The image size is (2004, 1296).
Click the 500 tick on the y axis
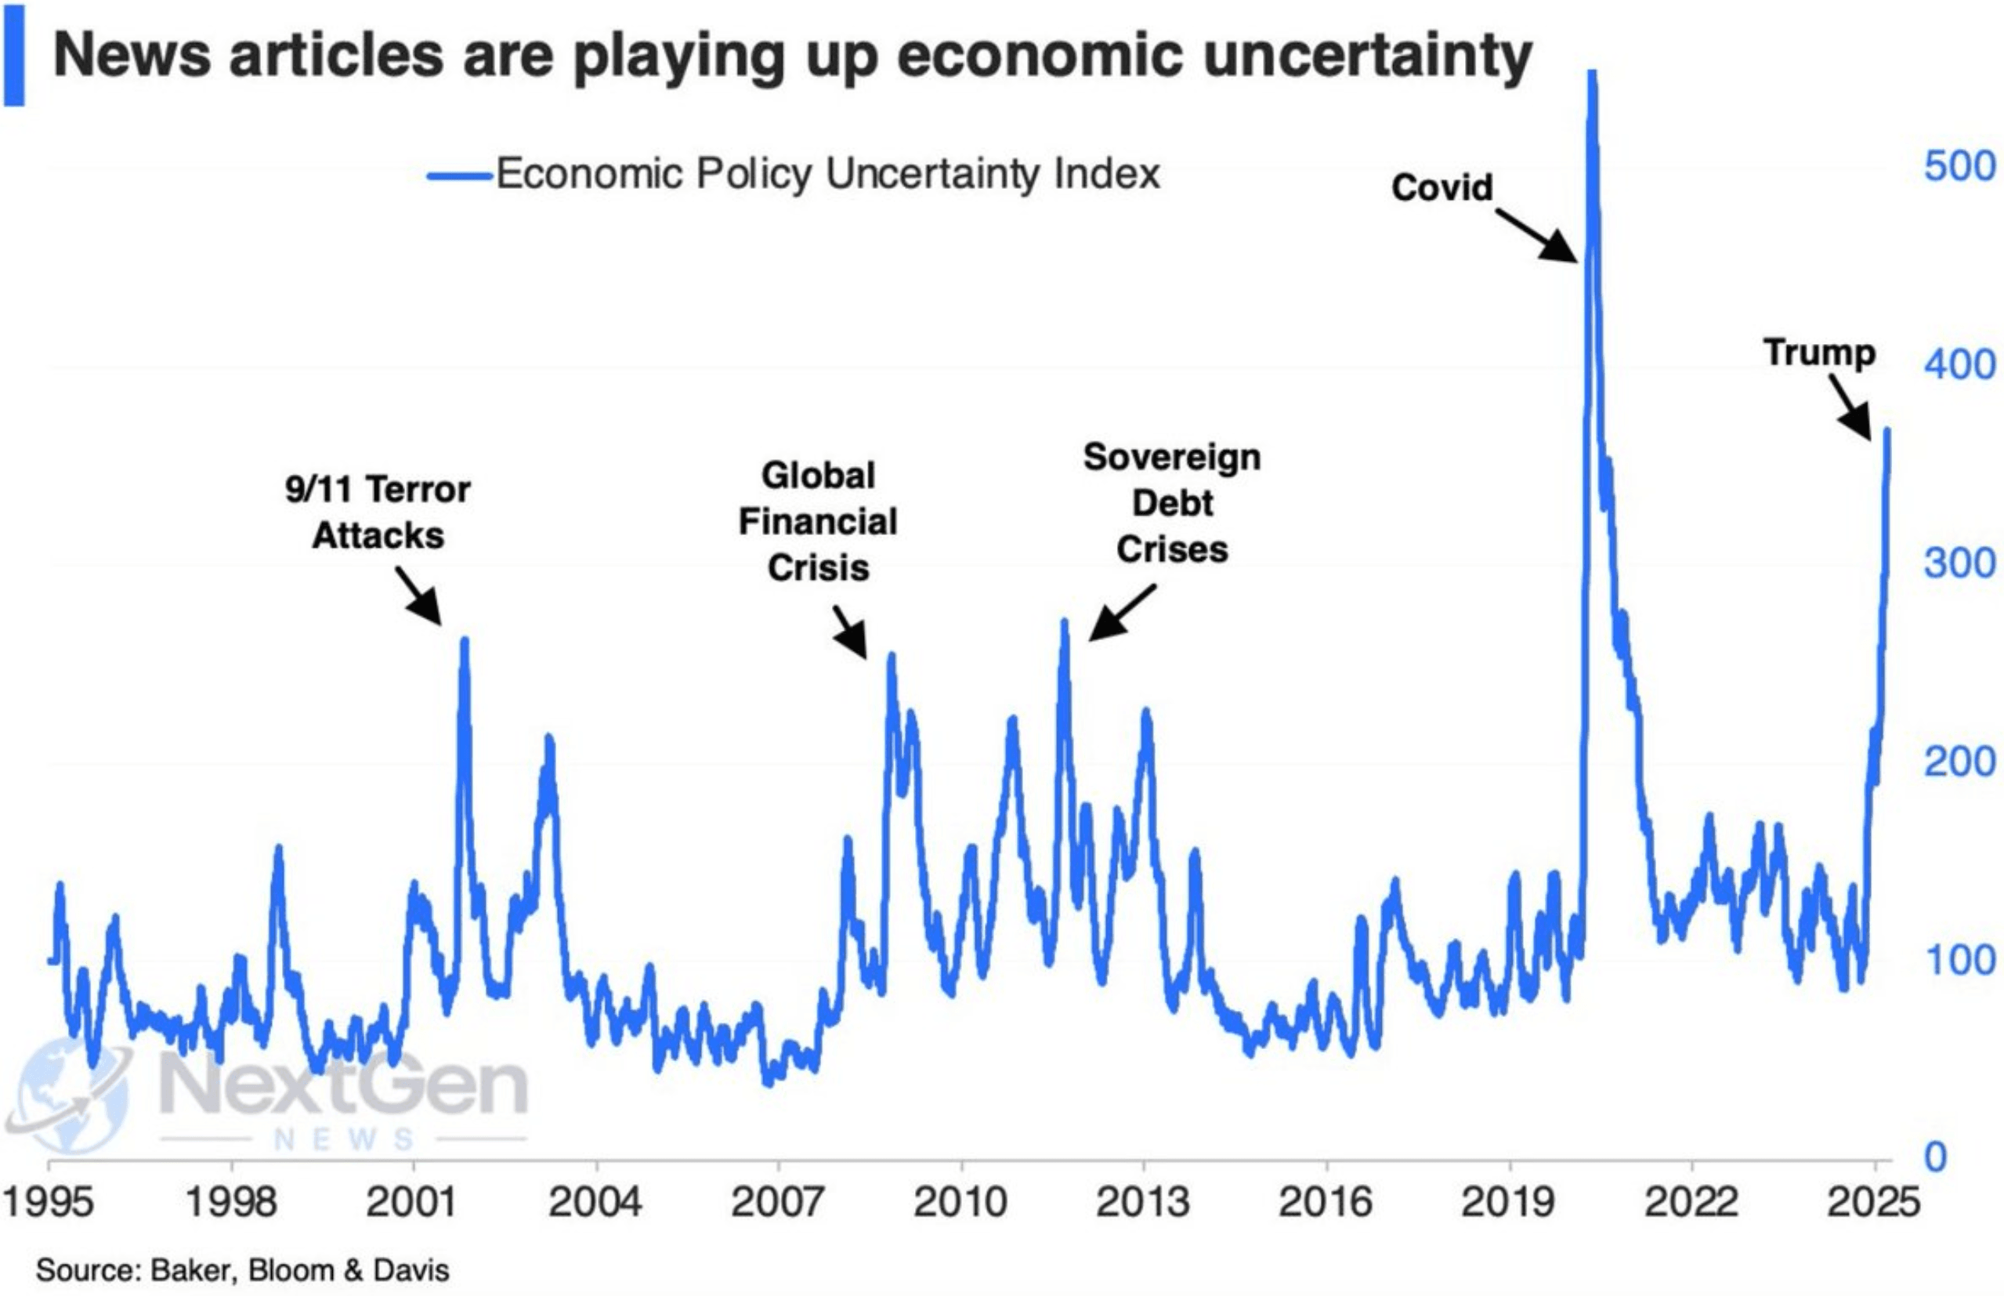click(1959, 167)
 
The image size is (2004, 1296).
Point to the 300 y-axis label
click(1959, 563)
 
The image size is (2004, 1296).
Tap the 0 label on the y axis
click(1936, 1158)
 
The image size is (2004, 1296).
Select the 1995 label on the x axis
click(48, 1202)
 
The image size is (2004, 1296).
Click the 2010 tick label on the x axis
click(960, 1202)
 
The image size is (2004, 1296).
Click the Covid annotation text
click(1442, 186)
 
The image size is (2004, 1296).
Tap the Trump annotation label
click(1820, 353)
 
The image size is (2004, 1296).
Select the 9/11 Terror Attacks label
click(378, 512)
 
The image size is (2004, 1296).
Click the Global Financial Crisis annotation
click(818, 522)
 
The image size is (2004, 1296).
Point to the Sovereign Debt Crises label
click(1172, 503)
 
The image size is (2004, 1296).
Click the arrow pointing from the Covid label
click(1537, 236)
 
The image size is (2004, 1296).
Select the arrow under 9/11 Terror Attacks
click(419, 596)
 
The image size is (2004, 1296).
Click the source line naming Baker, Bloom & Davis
click(242, 1270)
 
